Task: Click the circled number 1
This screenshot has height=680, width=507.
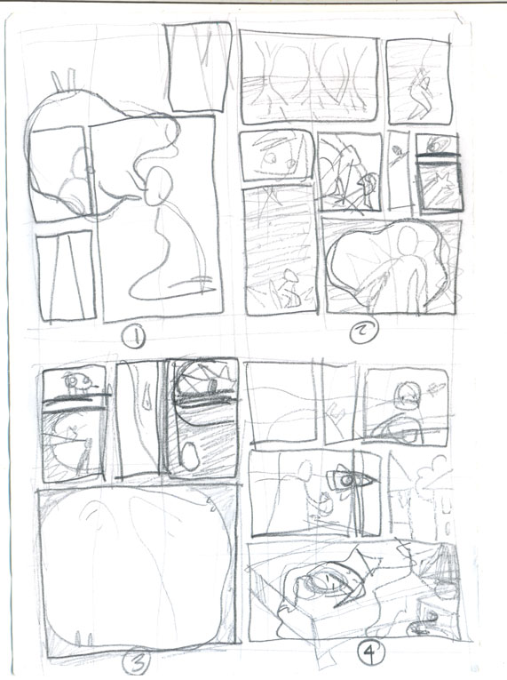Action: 134,338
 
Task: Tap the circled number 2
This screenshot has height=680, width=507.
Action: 363,332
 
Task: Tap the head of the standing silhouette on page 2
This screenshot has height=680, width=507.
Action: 406,240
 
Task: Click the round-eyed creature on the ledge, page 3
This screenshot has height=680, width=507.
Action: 79,382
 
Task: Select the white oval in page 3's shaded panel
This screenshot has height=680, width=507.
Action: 190,456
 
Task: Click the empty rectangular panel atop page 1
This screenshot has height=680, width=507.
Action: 199,68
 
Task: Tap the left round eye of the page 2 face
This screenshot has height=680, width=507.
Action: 272,158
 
